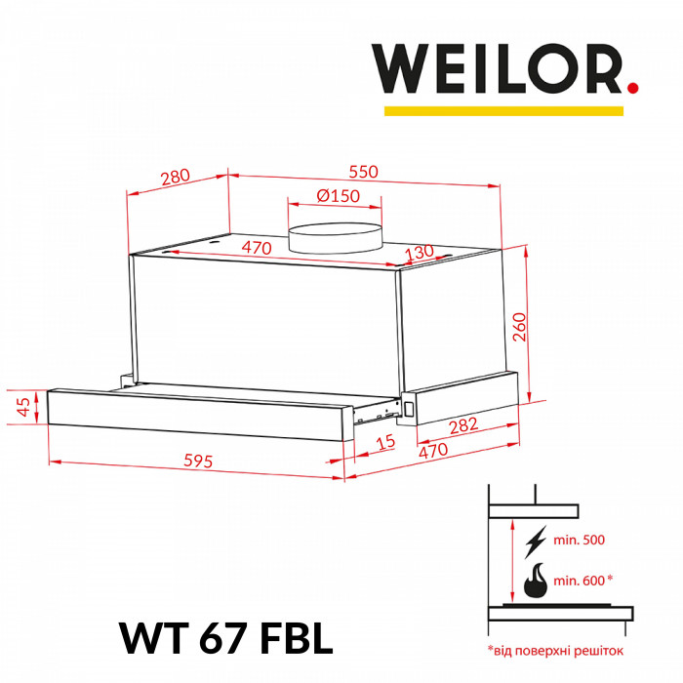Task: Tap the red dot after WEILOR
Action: pyautogui.click(x=632, y=87)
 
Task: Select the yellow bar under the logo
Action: pyautogui.click(x=503, y=111)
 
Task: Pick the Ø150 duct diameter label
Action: pyautogui.click(x=338, y=195)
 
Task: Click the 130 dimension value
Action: pyautogui.click(x=419, y=252)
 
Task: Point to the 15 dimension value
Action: pyautogui.click(x=386, y=445)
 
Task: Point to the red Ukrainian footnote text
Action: pyautogui.click(x=554, y=649)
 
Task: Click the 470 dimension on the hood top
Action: pyautogui.click(x=256, y=248)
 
